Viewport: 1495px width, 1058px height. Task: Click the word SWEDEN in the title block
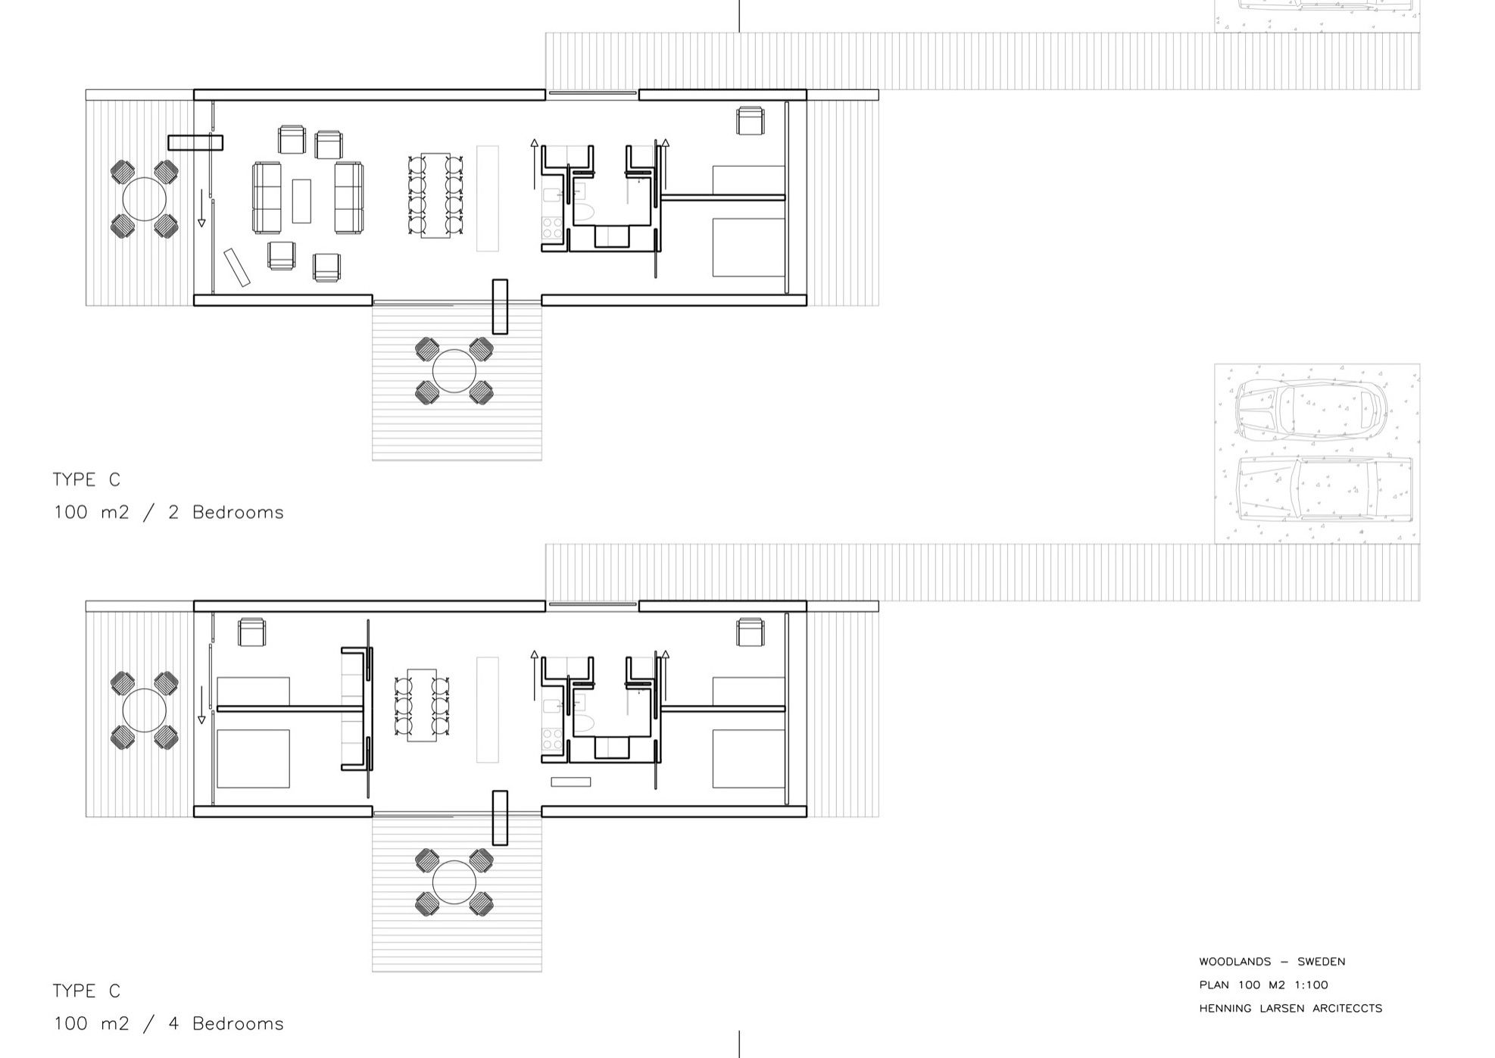click(x=1321, y=962)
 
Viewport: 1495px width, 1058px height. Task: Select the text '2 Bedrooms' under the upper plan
click(x=226, y=513)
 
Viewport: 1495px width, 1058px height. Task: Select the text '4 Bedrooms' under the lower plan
click(x=226, y=1024)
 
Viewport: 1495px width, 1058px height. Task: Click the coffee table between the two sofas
click(x=301, y=201)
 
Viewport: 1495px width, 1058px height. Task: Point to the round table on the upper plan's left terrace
click(x=144, y=199)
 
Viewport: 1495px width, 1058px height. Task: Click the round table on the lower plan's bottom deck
click(x=454, y=882)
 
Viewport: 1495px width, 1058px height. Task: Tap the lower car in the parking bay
click(x=1324, y=490)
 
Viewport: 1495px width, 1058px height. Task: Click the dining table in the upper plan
click(x=435, y=195)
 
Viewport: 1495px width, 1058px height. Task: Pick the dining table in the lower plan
click(x=422, y=704)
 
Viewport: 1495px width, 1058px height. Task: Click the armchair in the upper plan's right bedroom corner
click(x=751, y=121)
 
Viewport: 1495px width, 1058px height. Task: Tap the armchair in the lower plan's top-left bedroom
click(x=252, y=632)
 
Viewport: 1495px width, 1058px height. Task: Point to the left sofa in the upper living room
click(x=267, y=198)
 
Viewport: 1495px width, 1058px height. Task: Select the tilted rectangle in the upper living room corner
click(x=237, y=267)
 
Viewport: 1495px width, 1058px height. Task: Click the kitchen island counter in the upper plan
click(x=488, y=198)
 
